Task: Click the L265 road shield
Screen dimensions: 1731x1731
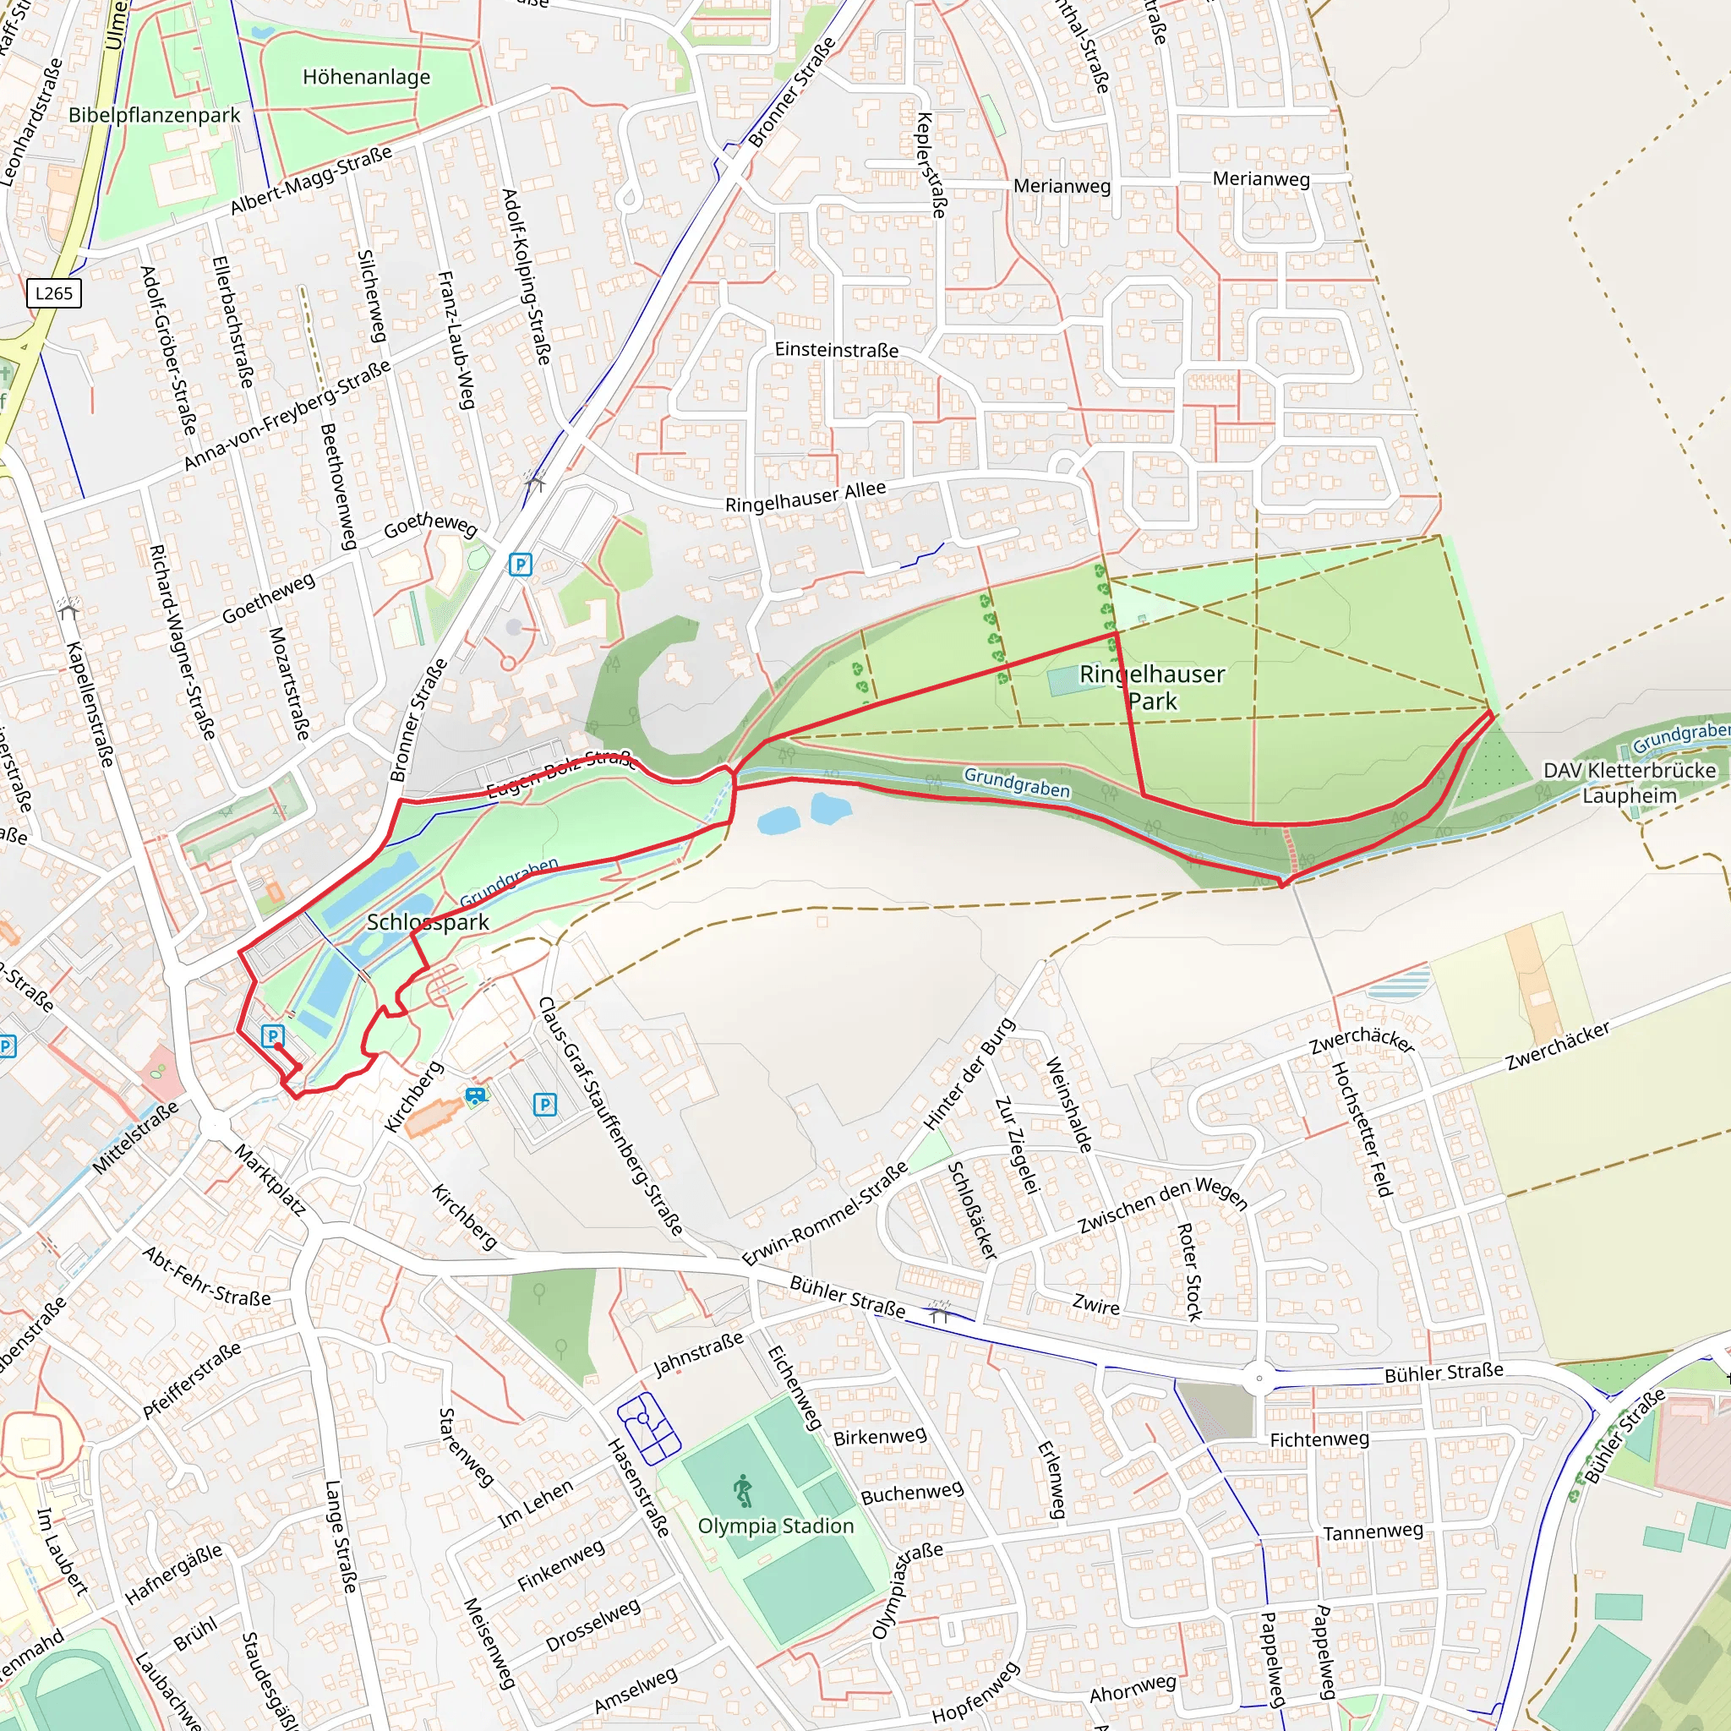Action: (x=54, y=293)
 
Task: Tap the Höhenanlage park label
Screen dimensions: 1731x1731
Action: (x=367, y=77)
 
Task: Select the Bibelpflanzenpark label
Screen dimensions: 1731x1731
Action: (x=154, y=115)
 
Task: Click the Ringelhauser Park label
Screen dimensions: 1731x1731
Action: (x=1152, y=687)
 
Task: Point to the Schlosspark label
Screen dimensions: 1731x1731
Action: (x=429, y=922)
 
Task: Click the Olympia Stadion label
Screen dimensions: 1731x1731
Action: (x=776, y=1526)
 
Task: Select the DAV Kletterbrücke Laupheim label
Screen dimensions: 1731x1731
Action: (x=1629, y=783)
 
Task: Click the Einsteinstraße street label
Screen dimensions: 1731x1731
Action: (x=837, y=350)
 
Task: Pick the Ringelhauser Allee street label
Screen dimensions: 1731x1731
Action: (x=805, y=496)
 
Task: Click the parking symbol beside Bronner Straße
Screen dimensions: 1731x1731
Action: (x=521, y=565)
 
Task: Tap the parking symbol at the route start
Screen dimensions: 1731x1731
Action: (x=272, y=1035)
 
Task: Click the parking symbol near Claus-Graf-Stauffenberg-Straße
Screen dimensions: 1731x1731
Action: (x=545, y=1105)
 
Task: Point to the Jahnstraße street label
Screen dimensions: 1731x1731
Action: (x=699, y=1354)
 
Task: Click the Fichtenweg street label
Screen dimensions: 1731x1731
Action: (x=1319, y=1439)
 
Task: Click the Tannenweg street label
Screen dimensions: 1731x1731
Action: (x=1373, y=1532)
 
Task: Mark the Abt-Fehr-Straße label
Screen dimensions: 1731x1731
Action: (x=207, y=1277)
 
